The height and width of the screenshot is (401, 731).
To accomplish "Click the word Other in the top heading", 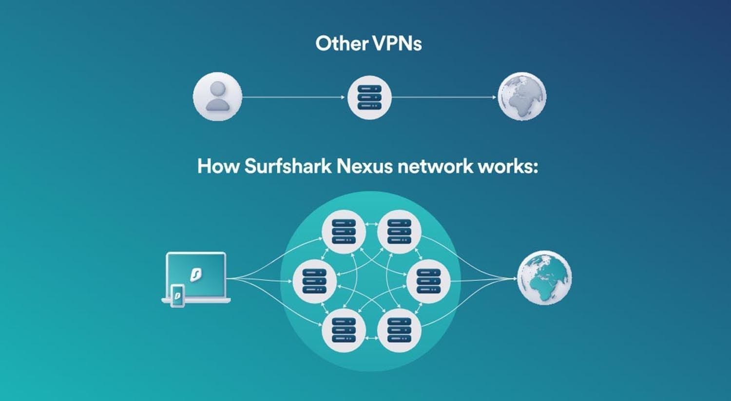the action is click(342, 43).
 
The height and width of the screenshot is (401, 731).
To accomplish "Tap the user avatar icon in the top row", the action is click(217, 96).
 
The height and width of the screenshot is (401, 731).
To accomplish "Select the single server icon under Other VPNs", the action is click(369, 97).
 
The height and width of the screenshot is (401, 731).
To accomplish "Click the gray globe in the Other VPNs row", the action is click(522, 96).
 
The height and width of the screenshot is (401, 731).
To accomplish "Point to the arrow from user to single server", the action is click(294, 97).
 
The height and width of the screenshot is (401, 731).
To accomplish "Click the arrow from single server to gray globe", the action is click(444, 97).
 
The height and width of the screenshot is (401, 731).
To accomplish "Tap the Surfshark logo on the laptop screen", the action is click(196, 274).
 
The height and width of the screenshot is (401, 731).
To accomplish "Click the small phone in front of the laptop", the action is click(177, 295).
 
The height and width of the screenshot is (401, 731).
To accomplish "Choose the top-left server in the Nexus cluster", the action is click(344, 232).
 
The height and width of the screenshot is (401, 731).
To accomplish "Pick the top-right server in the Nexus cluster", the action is click(399, 232).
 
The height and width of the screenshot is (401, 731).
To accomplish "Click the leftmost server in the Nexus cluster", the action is click(315, 281).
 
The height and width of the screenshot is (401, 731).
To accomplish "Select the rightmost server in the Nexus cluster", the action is click(428, 281).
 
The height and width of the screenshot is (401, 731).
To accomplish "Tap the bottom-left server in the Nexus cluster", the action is click(344, 330).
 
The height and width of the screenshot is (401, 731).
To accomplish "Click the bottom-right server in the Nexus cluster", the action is click(399, 330).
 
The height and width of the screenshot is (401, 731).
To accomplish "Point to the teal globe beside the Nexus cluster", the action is click(544, 277).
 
